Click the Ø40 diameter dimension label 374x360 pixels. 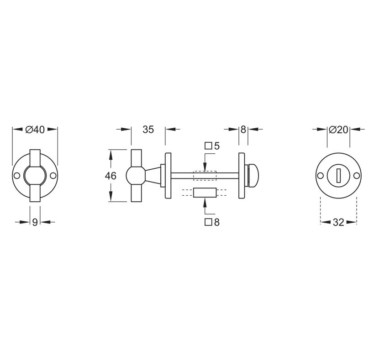35,130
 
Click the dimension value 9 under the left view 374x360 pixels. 35,222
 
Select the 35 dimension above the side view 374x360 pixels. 148,130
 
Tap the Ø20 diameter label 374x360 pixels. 338,130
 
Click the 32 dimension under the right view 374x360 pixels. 338,222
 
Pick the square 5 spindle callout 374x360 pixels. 212,146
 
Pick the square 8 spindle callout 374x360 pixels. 212,222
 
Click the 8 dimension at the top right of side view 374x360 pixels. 243,130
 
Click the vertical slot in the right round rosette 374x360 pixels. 338,176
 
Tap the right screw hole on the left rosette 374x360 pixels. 53,176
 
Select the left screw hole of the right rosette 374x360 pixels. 321,176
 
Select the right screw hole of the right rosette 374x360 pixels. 356,176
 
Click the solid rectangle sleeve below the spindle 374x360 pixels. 204,192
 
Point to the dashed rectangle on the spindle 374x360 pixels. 204,175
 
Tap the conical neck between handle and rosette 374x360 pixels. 154,175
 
